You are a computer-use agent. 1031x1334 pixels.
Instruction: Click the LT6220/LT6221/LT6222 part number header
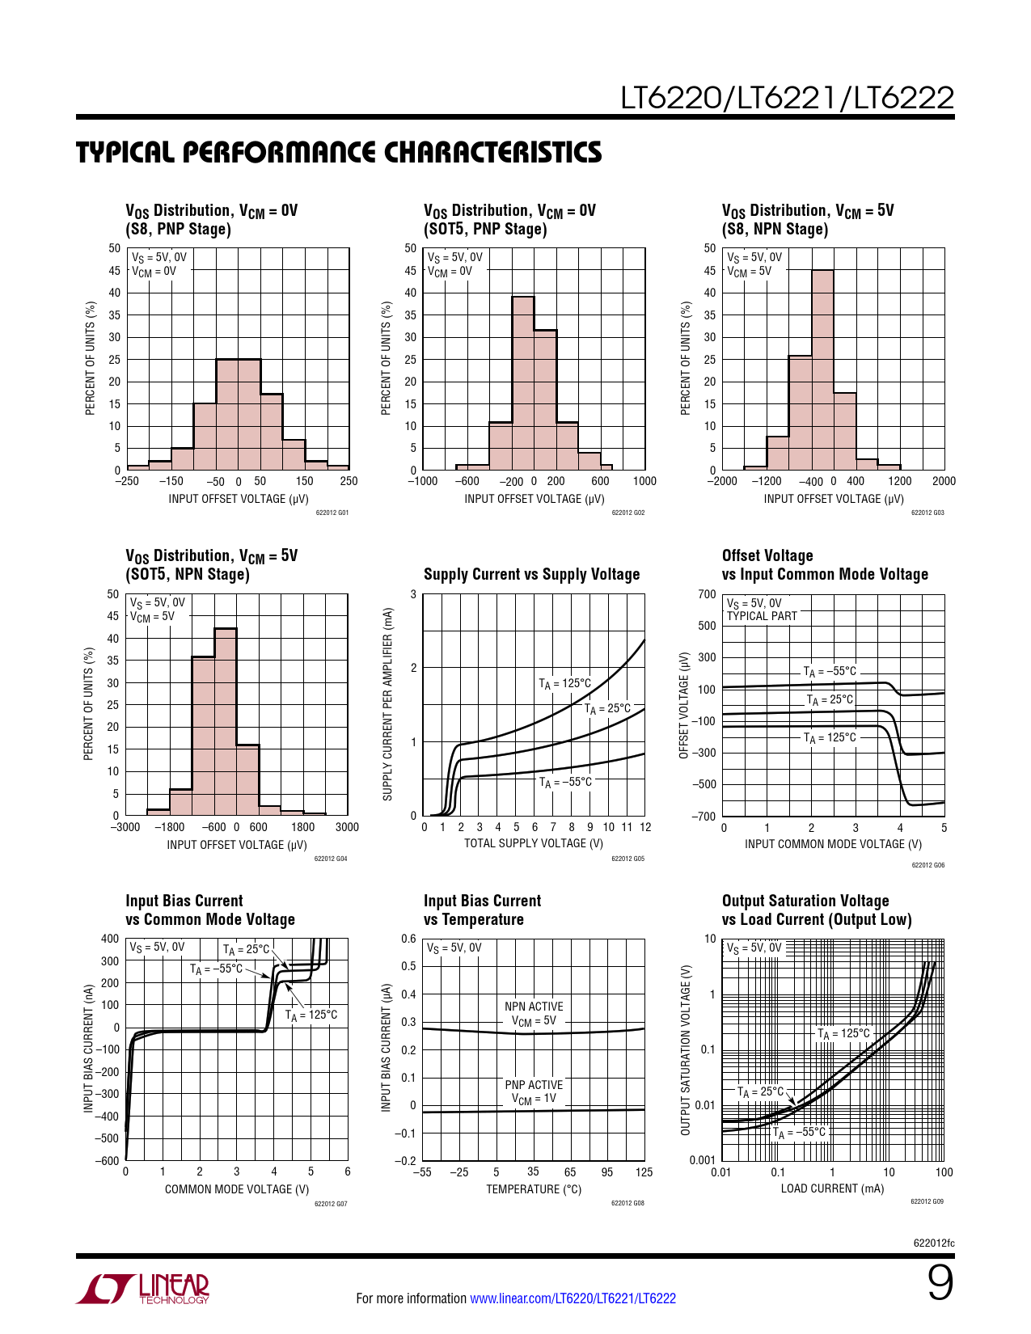tap(787, 98)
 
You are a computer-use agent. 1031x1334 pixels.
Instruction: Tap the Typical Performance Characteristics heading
tap(339, 153)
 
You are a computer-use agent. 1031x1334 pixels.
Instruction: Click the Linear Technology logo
tap(143, 1289)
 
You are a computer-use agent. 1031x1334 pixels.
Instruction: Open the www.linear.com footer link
tap(573, 1298)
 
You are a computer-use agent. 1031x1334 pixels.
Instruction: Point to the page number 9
tap(940, 1283)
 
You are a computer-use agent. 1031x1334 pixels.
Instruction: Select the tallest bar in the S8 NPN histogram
tap(822, 369)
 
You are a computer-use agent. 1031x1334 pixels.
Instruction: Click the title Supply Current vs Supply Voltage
tap(531, 574)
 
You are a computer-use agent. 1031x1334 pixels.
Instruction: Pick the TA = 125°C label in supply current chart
tap(565, 683)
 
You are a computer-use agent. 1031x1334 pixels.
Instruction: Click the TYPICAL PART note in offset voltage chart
tap(762, 616)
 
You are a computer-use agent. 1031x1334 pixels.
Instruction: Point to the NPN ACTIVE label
tap(534, 1007)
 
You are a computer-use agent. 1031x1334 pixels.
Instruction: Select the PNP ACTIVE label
tap(534, 1085)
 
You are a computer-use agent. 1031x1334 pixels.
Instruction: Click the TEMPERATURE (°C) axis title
tap(534, 1189)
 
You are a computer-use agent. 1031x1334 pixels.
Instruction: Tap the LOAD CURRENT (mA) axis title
tap(832, 1188)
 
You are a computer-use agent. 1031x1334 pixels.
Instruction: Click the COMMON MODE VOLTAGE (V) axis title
tap(237, 1189)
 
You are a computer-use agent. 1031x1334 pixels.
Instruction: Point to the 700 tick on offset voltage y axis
tap(707, 594)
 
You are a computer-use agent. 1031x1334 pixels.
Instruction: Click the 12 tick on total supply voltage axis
tap(645, 827)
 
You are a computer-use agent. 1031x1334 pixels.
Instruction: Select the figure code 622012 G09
tap(927, 1201)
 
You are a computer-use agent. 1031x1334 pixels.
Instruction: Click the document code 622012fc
tap(934, 1243)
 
